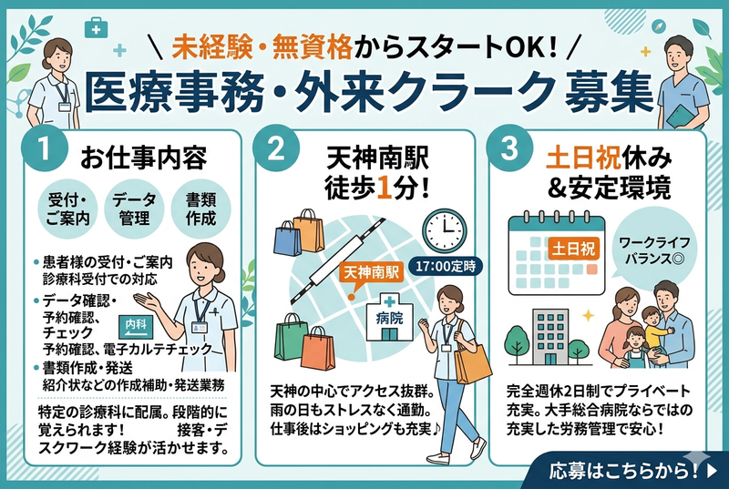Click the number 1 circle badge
click(x=44, y=148)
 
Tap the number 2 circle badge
click(x=276, y=148)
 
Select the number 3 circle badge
click(x=509, y=148)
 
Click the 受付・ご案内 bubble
click(x=67, y=209)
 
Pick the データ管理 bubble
click(x=134, y=209)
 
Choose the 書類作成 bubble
click(x=200, y=209)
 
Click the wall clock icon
click(x=444, y=230)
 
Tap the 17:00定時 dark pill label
click(x=446, y=267)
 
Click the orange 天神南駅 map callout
click(x=371, y=273)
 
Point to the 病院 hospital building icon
click(x=390, y=318)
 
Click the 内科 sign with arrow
click(x=136, y=327)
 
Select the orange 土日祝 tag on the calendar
click(x=573, y=249)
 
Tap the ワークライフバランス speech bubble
click(x=654, y=250)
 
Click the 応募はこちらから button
click(x=626, y=470)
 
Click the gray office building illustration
click(x=550, y=337)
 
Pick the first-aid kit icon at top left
click(x=97, y=28)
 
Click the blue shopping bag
click(x=287, y=239)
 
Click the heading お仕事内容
click(x=143, y=158)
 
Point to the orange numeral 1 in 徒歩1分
click(x=384, y=188)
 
